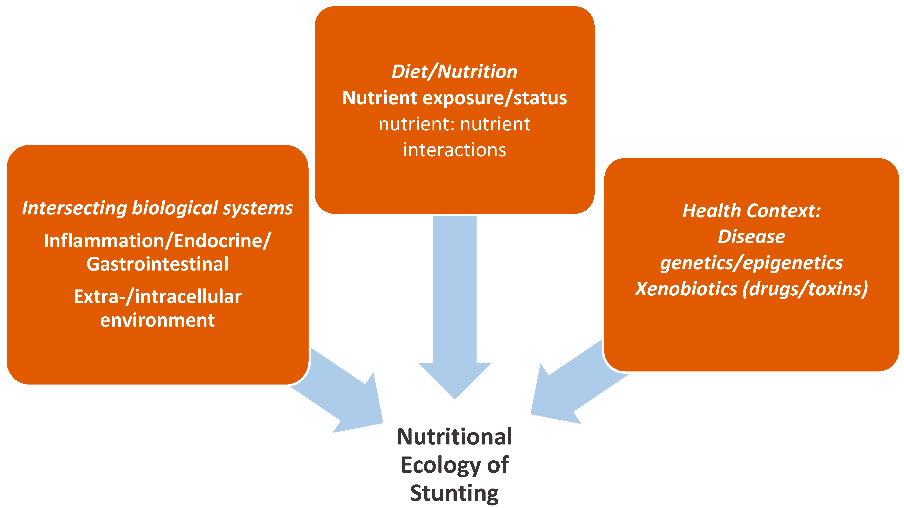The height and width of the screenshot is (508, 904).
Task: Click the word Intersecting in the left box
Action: [75, 208]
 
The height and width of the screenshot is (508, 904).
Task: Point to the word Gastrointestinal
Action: [157, 264]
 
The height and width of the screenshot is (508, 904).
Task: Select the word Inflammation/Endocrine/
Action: [157, 241]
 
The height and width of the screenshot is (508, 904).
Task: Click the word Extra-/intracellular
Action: [157, 297]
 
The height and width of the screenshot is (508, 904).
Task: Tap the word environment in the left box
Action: [157, 320]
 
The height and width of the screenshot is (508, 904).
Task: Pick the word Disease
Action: [751, 237]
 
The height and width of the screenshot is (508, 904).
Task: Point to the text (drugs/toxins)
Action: [805, 289]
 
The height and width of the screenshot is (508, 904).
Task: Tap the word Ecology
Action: [441, 465]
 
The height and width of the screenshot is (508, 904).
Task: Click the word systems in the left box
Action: [258, 208]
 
